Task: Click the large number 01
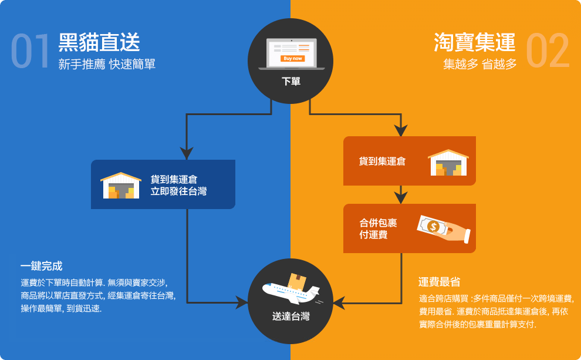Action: tap(30, 52)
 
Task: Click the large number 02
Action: tap(548, 52)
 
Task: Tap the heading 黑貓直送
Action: tap(99, 43)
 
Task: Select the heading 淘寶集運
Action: tap(475, 43)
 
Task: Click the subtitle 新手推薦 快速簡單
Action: tap(107, 65)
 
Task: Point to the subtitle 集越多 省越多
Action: tap(479, 65)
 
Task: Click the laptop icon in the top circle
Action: tap(291, 53)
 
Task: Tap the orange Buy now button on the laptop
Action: tap(293, 59)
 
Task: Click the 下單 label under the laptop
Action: tap(291, 82)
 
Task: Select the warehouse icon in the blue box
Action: tap(121, 185)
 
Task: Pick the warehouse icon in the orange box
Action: tap(448, 162)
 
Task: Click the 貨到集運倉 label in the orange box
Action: tap(382, 161)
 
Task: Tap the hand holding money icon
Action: tap(443, 229)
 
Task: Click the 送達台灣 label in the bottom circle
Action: tap(291, 317)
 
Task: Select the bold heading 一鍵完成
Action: tap(41, 266)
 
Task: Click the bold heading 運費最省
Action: tap(439, 282)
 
